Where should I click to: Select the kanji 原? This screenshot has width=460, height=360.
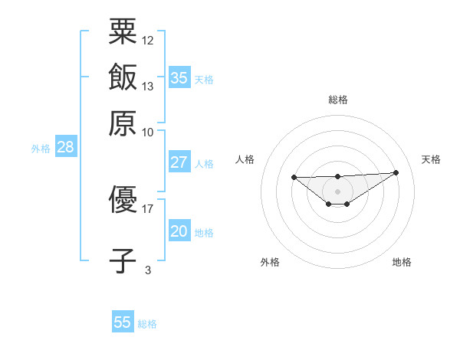click(x=123, y=122)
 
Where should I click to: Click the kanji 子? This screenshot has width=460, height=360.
click(x=123, y=260)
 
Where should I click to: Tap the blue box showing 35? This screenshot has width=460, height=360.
click(x=179, y=78)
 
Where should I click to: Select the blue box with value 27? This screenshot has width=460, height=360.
click(x=179, y=162)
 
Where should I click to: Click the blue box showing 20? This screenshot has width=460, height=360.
click(x=179, y=231)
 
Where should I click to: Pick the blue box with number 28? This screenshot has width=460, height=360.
click(x=66, y=148)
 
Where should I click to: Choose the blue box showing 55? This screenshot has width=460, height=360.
click(x=123, y=322)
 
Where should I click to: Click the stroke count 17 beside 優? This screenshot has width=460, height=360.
click(x=148, y=208)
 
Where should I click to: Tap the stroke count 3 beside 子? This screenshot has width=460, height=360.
click(x=148, y=269)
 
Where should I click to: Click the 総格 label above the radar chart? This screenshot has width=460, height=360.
click(x=337, y=100)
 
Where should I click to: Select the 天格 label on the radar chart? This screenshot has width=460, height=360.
click(x=432, y=159)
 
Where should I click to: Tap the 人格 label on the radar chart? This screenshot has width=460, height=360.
click(x=245, y=159)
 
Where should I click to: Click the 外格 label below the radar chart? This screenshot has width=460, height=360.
click(x=270, y=262)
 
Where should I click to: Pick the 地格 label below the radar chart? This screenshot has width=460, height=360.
click(x=402, y=262)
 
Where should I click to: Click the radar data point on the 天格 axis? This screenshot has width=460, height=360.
click(x=396, y=172)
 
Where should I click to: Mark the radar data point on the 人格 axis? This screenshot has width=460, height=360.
click(x=294, y=178)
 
